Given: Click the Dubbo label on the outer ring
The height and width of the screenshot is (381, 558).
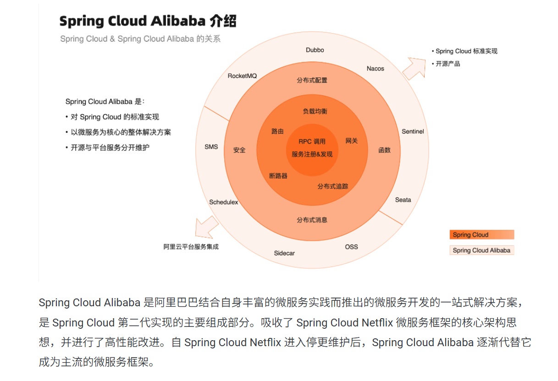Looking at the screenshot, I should click(315, 50).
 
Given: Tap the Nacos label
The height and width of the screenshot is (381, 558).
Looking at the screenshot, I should click(376, 69).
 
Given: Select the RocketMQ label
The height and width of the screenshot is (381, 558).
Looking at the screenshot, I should click(243, 76).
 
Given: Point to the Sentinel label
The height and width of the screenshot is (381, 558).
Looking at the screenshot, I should click(413, 132).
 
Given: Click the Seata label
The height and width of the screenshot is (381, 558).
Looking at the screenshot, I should click(403, 200).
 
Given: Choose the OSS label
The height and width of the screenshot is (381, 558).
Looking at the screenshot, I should click(351, 247).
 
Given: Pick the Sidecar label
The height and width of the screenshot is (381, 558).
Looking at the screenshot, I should click(284, 253).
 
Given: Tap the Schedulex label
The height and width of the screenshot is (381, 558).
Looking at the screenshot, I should click(224, 202).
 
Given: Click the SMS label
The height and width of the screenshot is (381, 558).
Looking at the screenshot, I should click(211, 147).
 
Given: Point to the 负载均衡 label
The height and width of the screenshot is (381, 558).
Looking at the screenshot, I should click(315, 111).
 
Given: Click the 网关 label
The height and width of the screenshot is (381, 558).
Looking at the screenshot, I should click(351, 141).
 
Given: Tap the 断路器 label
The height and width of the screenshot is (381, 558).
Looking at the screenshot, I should click(278, 176).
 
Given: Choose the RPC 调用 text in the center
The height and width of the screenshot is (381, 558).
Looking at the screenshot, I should click(312, 142).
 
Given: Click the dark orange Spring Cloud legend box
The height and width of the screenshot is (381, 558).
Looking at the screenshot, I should click(481, 235).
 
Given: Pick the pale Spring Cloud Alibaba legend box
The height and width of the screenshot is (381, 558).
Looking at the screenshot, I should click(481, 250).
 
